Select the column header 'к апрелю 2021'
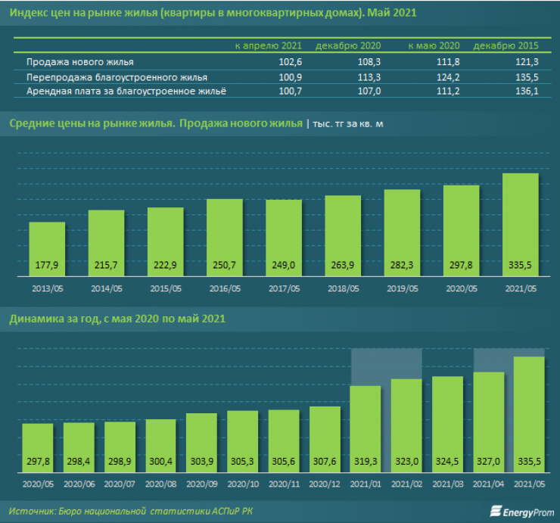[268, 46]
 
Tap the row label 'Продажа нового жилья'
[79, 62]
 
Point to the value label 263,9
[342, 265]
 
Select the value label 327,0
[488, 460]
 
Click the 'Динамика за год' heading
[117, 319]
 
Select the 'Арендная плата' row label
[126, 92]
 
